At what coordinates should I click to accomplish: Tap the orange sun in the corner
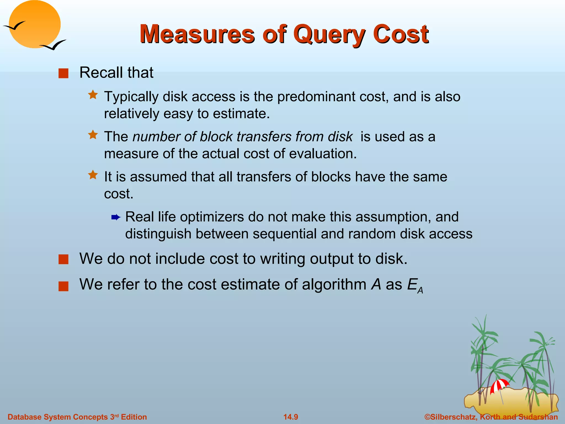click(x=34, y=24)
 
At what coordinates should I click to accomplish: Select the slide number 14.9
click(x=291, y=417)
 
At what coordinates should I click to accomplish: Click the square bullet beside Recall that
click(x=63, y=73)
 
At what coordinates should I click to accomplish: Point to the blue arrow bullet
click(x=116, y=218)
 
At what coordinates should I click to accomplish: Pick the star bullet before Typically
click(x=93, y=95)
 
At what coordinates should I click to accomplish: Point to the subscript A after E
click(x=420, y=290)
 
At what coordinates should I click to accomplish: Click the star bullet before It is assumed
click(x=93, y=175)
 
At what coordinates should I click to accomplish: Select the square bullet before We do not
click(x=63, y=259)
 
